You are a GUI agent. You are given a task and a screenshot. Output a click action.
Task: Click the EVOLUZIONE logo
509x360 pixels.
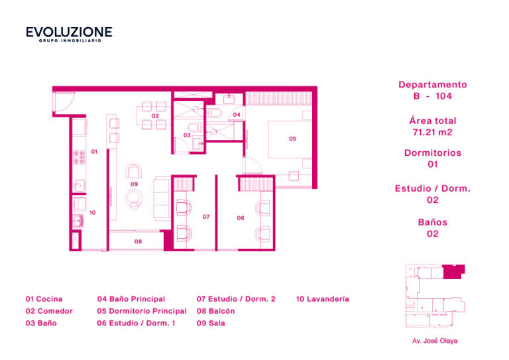click(x=69, y=34)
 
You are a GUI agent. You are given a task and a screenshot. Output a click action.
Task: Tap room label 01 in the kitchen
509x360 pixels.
click(x=94, y=152)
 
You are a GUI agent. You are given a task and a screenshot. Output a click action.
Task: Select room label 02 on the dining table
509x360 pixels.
click(x=155, y=116)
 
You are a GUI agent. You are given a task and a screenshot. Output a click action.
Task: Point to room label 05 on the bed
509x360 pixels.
click(x=292, y=139)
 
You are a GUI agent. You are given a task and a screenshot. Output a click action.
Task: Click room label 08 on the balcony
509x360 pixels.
click(x=138, y=241)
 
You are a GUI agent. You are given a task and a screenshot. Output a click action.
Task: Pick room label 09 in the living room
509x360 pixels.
click(x=134, y=184)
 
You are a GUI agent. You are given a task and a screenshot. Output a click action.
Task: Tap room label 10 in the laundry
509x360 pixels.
click(x=93, y=213)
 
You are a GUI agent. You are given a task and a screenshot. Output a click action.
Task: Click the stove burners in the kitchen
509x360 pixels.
click(x=79, y=157)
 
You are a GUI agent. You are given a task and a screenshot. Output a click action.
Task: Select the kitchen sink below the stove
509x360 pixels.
click(x=79, y=186)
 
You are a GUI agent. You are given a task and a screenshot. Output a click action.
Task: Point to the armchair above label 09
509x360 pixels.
click(x=134, y=171)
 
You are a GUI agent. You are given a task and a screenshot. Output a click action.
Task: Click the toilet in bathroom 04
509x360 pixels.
click(x=214, y=113)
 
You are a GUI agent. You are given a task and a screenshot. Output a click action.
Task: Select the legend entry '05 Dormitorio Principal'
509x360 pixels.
click(x=142, y=311)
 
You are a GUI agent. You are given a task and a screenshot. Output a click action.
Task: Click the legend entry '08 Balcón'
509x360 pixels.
click(x=215, y=311)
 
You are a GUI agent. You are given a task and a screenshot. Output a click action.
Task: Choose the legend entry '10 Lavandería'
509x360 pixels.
click(x=323, y=299)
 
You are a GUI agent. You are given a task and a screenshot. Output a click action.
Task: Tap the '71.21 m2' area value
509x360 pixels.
click(x=432, y=133)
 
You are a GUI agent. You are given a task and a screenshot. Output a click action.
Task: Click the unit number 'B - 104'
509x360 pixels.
click(x=432, y=96)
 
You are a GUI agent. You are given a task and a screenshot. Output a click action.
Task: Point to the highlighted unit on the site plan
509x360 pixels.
click(x=453, y=272)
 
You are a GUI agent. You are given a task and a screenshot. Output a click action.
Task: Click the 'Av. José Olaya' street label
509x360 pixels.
click(x=435, y=341)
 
